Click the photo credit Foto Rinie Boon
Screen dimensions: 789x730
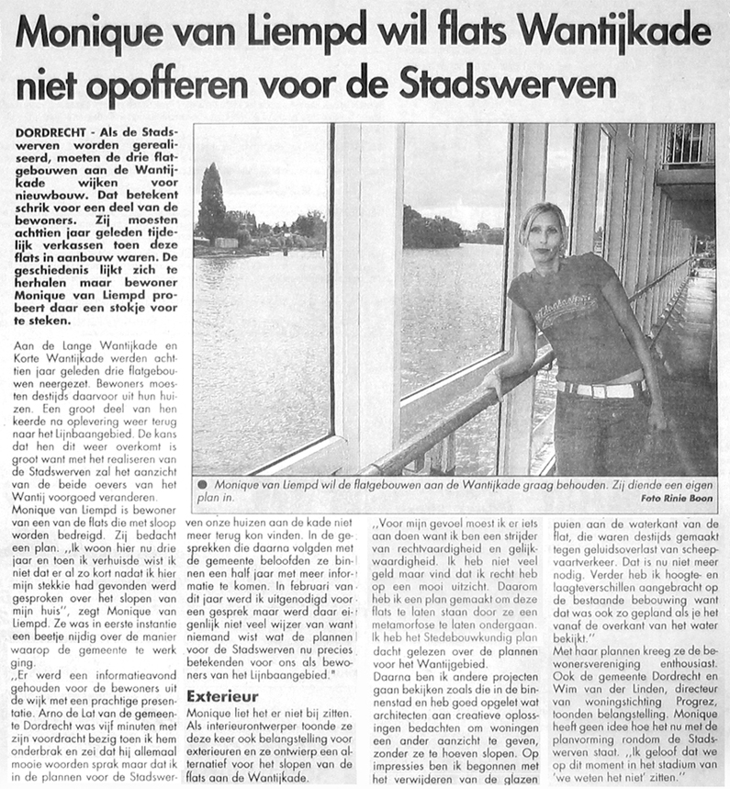pyautogui.click(x=678, y=498)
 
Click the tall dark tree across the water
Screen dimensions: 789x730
pyautogui.click(x=212, y=204)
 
